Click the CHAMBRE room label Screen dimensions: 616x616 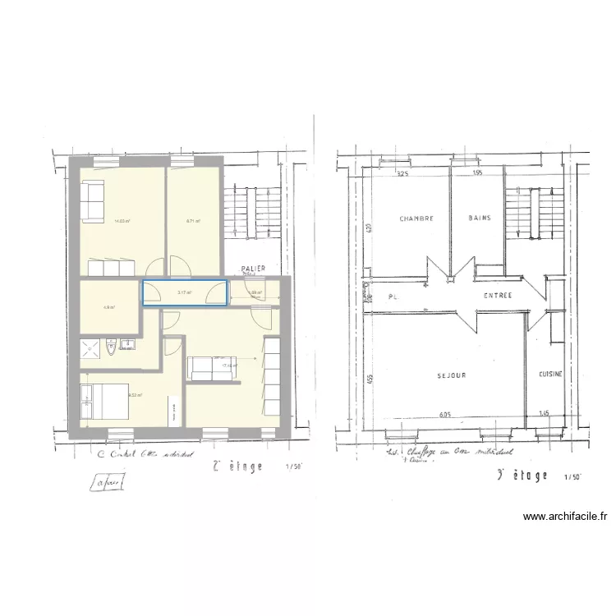coord(416,219)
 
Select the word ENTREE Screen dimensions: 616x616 coord(498,296)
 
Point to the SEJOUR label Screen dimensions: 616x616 coord(452,375)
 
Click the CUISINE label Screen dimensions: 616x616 coord(550,374)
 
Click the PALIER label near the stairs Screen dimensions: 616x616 coord(251,269)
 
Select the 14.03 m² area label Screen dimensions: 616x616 coord(122,221)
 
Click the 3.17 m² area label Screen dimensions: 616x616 coord(184,292)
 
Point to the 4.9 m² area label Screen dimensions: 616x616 coord(108,308)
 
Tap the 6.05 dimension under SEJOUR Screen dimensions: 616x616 coord(445,415)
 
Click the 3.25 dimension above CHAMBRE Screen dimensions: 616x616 coord(402,174)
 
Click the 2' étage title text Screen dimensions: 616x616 coord(237,467)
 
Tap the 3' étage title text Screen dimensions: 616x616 coord(523,476)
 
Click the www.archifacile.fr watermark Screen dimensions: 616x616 coord(564,517)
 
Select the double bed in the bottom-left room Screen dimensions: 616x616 coord(99,402)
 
